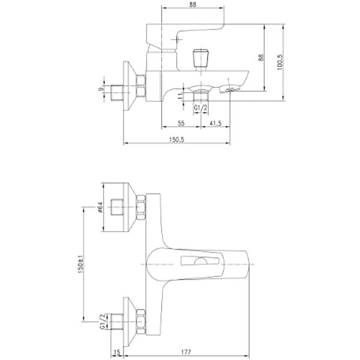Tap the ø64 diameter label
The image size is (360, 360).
point(101,207)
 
